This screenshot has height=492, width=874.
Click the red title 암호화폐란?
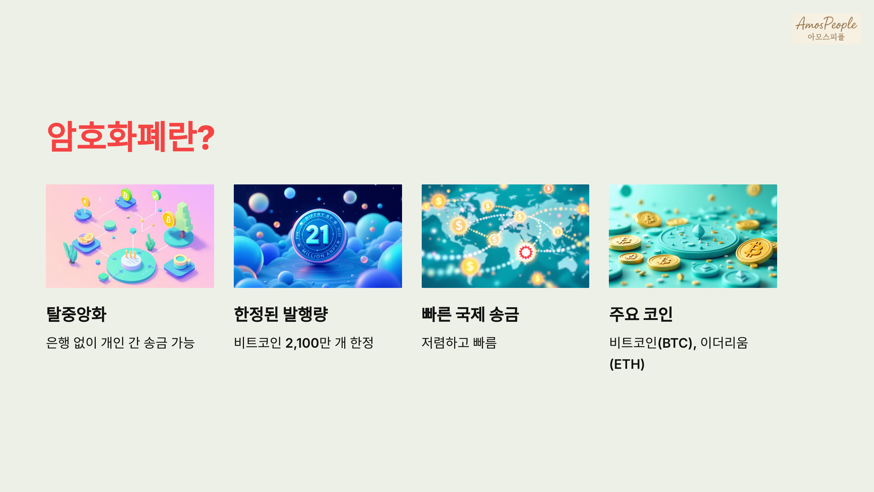(130, 137)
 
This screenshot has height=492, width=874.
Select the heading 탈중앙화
(76, 314)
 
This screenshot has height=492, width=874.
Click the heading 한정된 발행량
(281, 314)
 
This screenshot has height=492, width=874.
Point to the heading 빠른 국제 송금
(470, 314)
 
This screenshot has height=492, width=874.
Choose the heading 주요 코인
(641, 314)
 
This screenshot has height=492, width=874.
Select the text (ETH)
(627, 364)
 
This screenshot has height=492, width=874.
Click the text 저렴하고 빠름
(459, 343)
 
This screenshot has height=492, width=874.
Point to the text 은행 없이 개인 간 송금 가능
(121, 343)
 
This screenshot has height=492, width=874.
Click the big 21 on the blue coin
(318, 234)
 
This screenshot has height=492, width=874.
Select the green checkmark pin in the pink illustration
(156, 196)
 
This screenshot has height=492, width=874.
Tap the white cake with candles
(131, 261)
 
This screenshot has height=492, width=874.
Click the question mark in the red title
(207, 137)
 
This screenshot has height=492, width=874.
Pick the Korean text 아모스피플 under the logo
(826, 37)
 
